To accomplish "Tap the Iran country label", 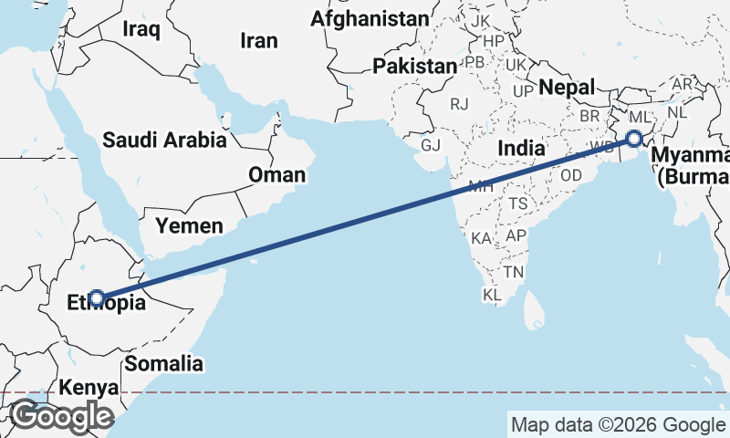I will [258, 40].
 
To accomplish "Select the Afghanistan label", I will [369, 18].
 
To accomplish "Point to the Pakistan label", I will [414, 66].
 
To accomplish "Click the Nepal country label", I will [566, 87].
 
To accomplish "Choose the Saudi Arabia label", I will [164, 141].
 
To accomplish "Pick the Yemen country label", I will [189, 225].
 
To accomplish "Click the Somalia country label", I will [164, 363].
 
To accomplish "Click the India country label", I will [521, 148].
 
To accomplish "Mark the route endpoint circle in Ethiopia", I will [96, 297].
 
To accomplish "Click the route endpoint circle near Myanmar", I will [633, 139].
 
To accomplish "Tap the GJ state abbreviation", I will [430, 145].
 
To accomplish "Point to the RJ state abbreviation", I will [458, 104].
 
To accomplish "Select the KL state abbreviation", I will [492, 296].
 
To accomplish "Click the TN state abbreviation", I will [515, 273].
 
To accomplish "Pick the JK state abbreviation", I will [481, 20].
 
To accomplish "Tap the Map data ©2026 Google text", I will [617, 424].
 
